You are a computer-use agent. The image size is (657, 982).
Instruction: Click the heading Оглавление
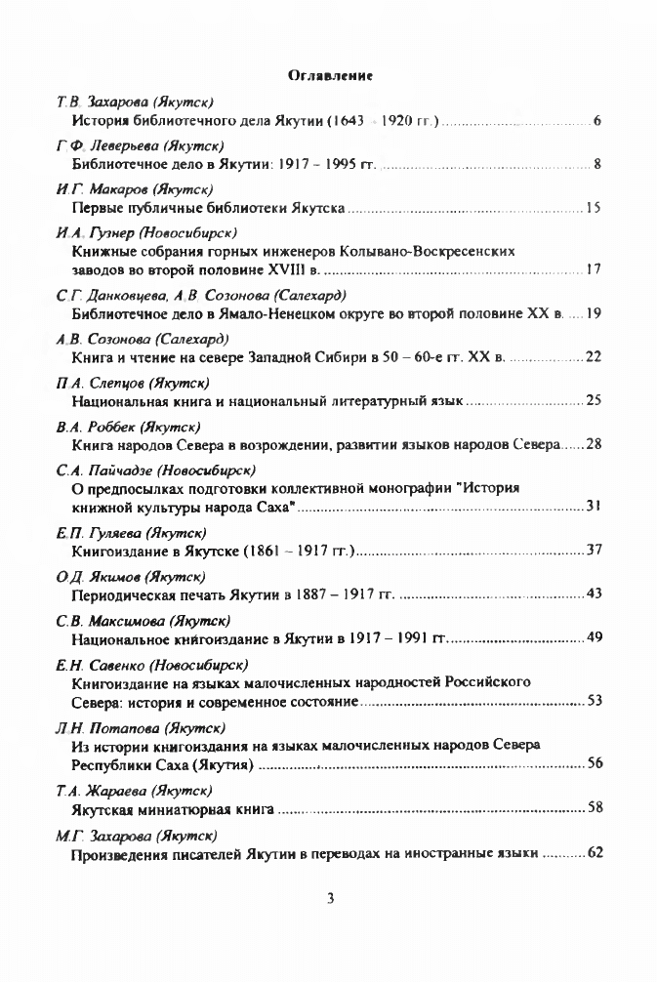(332, 74)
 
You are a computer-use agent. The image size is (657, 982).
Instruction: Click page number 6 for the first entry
(595, 121)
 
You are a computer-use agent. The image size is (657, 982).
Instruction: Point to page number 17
(594, 268)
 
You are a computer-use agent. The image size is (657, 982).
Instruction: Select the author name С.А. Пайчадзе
(94, 470)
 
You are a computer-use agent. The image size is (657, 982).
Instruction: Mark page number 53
(594, 700)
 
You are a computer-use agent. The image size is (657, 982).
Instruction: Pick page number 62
(594, 852)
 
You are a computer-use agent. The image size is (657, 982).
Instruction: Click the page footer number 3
(331, 899)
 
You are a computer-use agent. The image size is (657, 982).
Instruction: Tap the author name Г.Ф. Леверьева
(96, 145)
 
